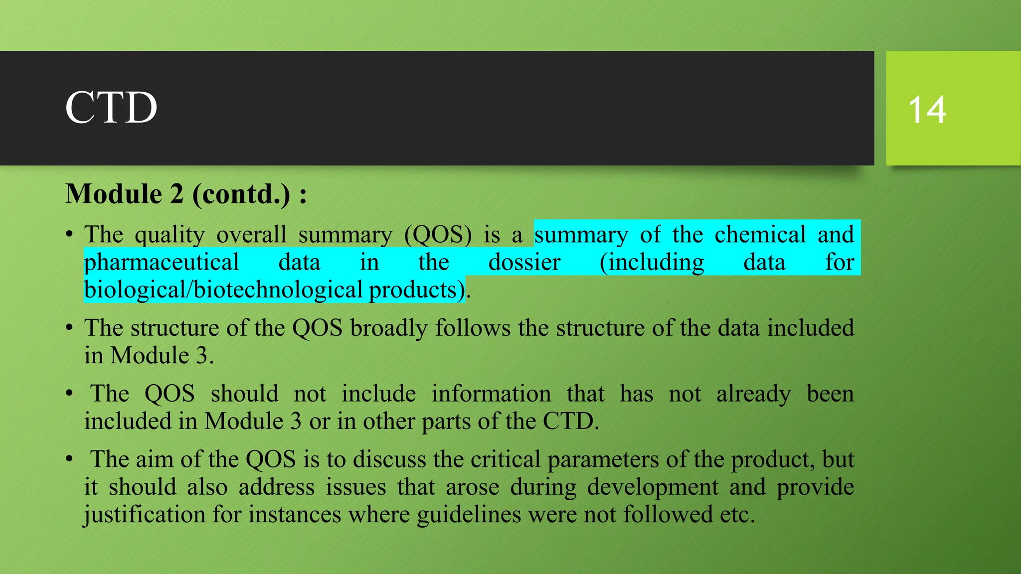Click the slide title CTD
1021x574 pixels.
tap(111, 108)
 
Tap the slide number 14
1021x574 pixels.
tap(927, 110)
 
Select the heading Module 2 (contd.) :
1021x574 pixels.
tap(186, 194)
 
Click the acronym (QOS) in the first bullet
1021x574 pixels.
tap(438, 235)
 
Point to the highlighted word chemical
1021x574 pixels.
tap(760, 235)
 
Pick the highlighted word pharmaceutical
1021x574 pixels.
tap(162, 263)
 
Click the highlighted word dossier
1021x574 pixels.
tap(524, 263)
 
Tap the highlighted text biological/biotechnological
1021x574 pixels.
tap(223, 290)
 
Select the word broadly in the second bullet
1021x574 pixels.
tap(388, 328)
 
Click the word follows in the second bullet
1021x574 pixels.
tap(473, 328)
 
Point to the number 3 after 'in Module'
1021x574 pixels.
tap(201, 356)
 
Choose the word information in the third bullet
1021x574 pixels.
tap(491, 394)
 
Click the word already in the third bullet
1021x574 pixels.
tap(753, 394)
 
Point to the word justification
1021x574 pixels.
tap(145, 514)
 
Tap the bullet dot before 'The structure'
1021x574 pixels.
tap(69, 328)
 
